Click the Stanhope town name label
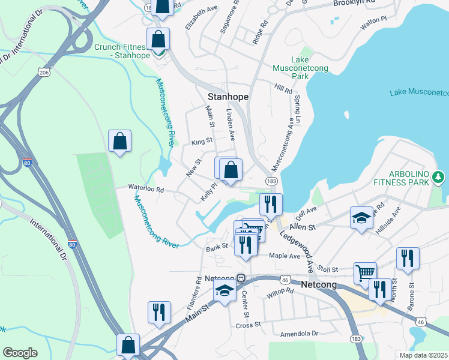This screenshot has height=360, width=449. coord(228,96)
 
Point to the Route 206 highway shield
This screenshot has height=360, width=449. coord(44,72)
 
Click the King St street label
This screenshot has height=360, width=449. coord(202,142)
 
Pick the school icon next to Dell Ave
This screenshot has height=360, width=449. coord(361,217)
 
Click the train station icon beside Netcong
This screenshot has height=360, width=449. coord(241,278)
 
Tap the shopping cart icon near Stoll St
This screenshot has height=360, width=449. coord(365,273)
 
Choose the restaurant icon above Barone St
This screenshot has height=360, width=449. coord(408,257)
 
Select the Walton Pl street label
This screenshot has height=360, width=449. coord(373,25)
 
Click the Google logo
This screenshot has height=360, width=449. coord(20,352)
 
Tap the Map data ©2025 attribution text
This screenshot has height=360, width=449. coord(423,355)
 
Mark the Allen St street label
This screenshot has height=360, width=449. coord(303,227)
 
